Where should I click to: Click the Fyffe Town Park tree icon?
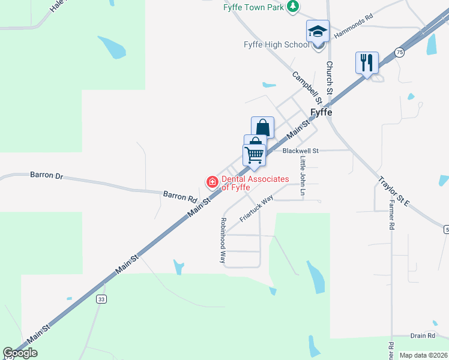pyautogui.click(x=292, y=7)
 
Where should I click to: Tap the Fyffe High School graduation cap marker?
pyautogui.click(x=318, y=31)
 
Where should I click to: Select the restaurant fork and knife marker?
pyautogui.click(x=367, y=62)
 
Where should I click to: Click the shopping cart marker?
pyautogui.click(x=255, y=154)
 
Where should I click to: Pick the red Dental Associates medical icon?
pyautogui.click(x=212, y=181)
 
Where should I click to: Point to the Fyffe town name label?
pyautogui.click(x=321, y=112)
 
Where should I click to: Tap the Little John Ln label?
pyautogui.click(x=303, y=171)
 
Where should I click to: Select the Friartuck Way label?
pyautogui.click(x=256, y=208)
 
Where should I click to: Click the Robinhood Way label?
pyautogui.click(x=222, y=240)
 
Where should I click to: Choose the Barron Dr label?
pyautogui.click(x=46, y=175)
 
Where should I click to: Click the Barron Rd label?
pyautogui.click(x=180, y=195)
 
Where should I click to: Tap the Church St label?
pyautogui.click(x=329, y=77)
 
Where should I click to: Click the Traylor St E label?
pyautogui.click(x=394, y=191)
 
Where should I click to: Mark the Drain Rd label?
pyautogui.click(x=423, y=336)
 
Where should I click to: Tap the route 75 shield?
pyautogui.click(x=400, y=53)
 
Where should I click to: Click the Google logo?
pyautogui.click(x=20, y=353)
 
